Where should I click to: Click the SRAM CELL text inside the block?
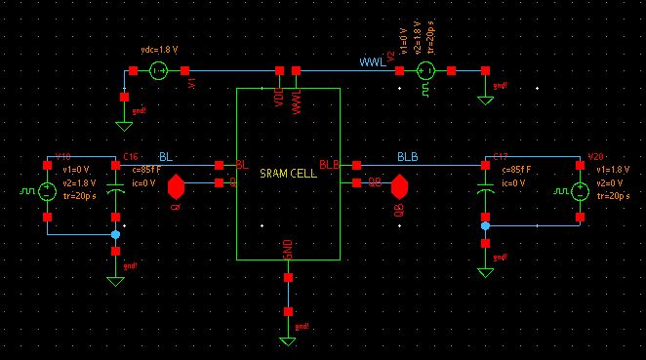click(287, 173)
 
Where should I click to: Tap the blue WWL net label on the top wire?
click(372, 61)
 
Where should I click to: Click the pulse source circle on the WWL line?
click(425, 70)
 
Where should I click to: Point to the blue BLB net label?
click(407, 156)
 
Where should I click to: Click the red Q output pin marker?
click(177, 185)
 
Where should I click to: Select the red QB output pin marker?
click(400, 185)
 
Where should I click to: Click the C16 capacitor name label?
click(131, 156)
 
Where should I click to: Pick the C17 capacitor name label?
click(501, 156)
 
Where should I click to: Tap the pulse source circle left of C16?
click(47, 191)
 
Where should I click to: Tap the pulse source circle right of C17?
click(582, 191)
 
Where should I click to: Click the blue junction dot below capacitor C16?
click(115, 234)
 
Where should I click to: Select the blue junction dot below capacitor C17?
click(485, 225)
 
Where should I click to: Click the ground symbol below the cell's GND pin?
click(288, 340)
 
